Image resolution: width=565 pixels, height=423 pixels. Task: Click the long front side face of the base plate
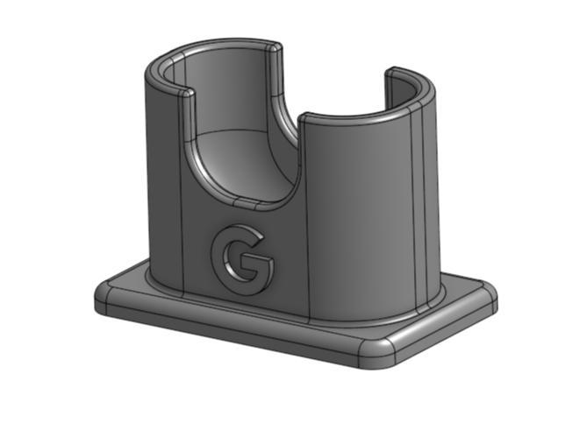[237, 328]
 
